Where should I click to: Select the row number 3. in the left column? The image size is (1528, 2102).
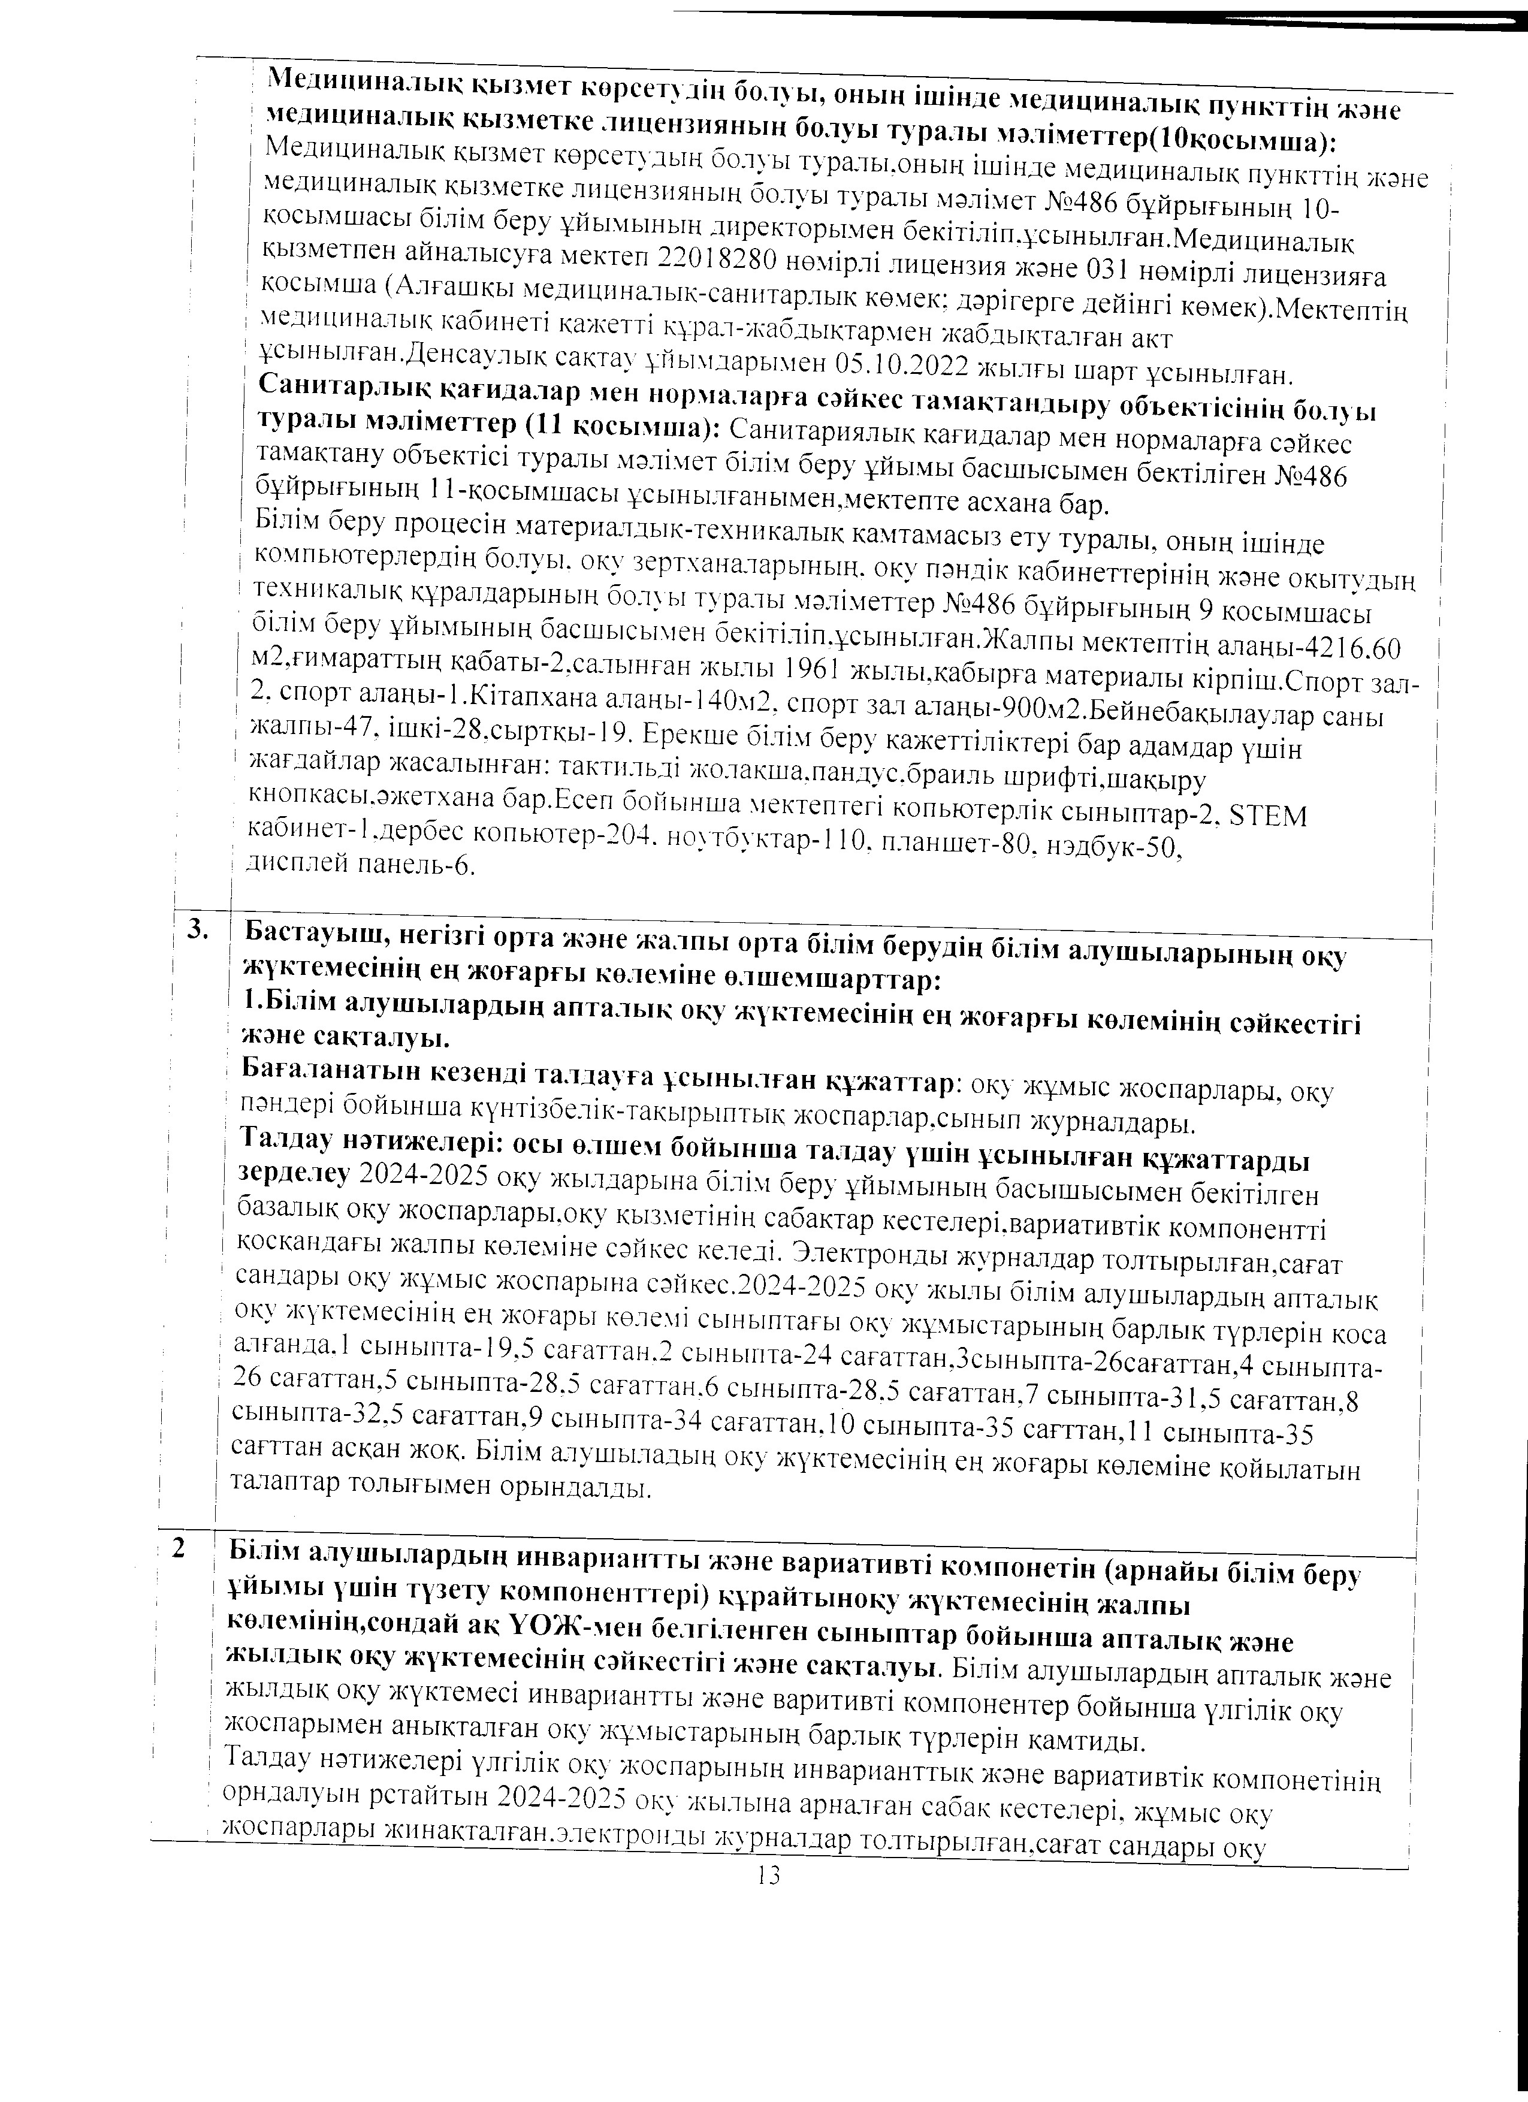pyautogui.click(x=197, y=929)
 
